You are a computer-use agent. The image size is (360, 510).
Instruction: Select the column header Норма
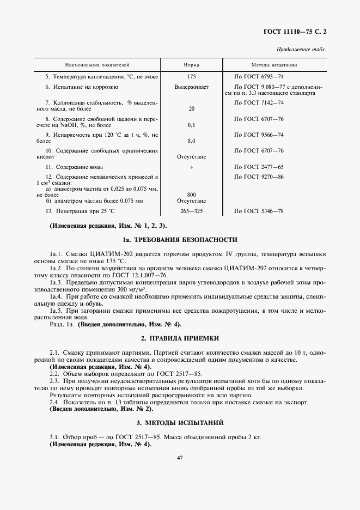(x=191, y=65)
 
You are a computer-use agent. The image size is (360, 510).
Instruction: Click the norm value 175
(x=191, y=77)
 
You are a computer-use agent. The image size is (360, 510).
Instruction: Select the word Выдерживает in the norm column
(x=191, y=87)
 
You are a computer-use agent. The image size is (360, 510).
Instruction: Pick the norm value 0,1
(x=191, y=125)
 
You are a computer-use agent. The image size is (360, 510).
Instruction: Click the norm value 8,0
(x=191, y=141)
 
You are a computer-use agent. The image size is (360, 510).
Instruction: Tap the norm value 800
(x=191, y=195)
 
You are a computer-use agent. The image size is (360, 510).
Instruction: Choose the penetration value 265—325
(x=191, y=210)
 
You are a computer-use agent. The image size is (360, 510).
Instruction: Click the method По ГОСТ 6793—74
(x=259, y=77)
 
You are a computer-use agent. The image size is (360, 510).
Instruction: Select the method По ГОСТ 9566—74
(x=259, y=134)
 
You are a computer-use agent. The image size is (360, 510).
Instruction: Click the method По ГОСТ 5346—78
(x=259, y=210)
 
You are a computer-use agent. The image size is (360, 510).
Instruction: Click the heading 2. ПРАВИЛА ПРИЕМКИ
(x=180, y=338)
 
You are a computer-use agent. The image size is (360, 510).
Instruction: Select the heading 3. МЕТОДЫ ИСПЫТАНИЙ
(x=180, y=423)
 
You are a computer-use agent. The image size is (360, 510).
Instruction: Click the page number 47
(x=180, y=458)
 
